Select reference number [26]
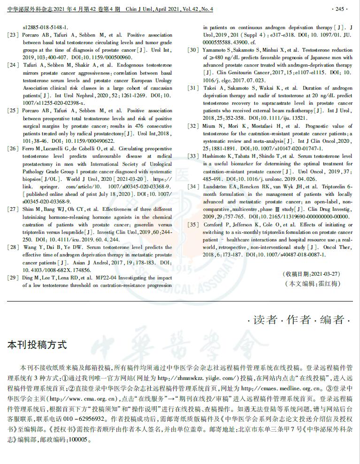point(13,148)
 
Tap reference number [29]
point(13,278)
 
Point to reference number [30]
point(193,50)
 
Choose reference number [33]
point(193,155)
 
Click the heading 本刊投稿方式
point(37,345)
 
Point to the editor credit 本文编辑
point(312,284)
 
